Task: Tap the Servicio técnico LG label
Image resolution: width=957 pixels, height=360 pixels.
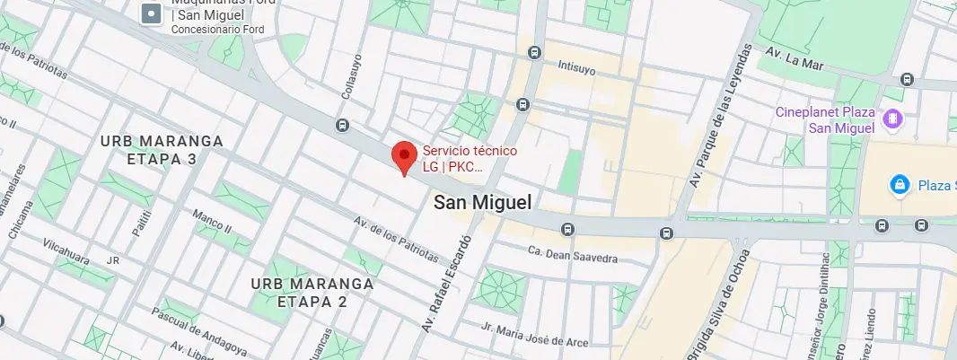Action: click(470, 158)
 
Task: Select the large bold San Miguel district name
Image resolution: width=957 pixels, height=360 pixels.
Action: click(482, 203)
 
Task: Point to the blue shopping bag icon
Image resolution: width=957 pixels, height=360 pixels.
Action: click(897, 185)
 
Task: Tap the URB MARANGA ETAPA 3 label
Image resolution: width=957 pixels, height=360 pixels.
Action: click(148, 150)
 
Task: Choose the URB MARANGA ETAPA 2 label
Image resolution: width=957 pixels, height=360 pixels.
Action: click(299, 292)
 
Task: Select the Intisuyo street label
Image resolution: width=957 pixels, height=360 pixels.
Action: click(576, 66)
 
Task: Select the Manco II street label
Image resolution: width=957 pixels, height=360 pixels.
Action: click(212, 223)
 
